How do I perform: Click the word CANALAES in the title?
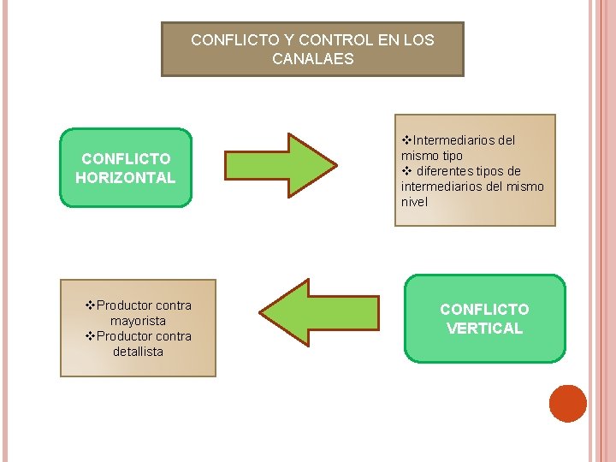click(312, 59)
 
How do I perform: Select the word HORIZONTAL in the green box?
click(125, 178)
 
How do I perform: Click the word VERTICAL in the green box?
click(484, 329)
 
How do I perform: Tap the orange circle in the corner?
click(567, 404)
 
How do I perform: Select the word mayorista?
click(138, 321)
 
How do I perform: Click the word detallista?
click(138, 352)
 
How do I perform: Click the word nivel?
click(414, 202)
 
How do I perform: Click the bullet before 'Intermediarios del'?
click(406, 139)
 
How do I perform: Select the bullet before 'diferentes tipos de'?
click(406, 171)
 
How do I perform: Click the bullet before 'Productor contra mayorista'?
click(91, 305)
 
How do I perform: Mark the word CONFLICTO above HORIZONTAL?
click(125, 158)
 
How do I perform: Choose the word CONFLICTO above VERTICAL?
click(484, 309)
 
